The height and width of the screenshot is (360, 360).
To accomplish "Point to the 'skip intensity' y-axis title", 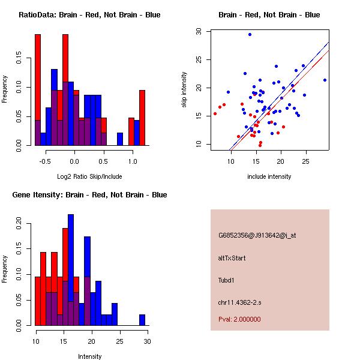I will coord(184,90).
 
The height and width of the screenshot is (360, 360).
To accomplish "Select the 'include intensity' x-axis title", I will coord(269,176).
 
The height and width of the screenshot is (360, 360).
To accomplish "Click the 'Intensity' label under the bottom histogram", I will coord(90,356).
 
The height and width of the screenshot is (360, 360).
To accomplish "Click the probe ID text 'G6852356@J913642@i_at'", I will coord(257,235).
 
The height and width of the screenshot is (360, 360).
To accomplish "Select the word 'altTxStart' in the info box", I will coord(232,258).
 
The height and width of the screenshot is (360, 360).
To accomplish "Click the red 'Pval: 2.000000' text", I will coord(239,319).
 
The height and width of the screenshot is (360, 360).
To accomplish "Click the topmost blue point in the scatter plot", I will coord(250,34).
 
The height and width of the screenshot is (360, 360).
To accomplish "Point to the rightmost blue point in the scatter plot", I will coord(325,80).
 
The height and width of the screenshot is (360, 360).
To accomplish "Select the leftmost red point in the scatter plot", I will coord(215,113).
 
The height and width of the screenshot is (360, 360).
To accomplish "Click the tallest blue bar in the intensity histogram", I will coord(71,270).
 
